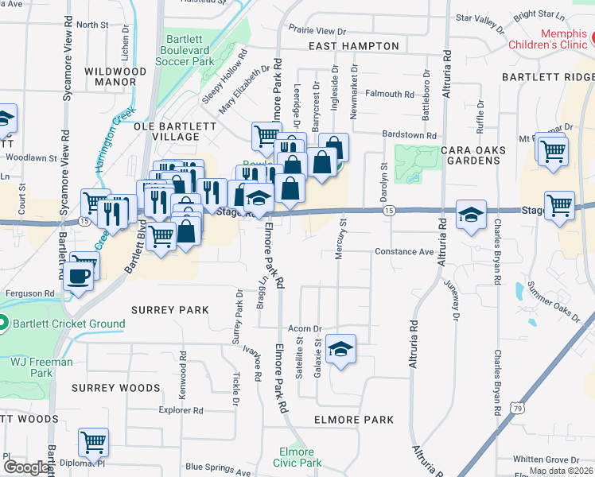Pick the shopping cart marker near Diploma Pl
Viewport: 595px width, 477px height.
click(93, 443)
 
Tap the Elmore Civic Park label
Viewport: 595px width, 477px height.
click(297, 457)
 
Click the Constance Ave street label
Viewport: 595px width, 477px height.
click(404, 251)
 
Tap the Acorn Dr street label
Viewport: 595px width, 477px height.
click(305, 328)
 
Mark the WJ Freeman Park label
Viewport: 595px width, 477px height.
click(41, 367)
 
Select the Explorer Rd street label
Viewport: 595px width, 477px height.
click(181, 411)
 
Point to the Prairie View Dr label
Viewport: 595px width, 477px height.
click(317, 31)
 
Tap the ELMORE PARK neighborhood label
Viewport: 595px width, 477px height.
click(354, 420)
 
